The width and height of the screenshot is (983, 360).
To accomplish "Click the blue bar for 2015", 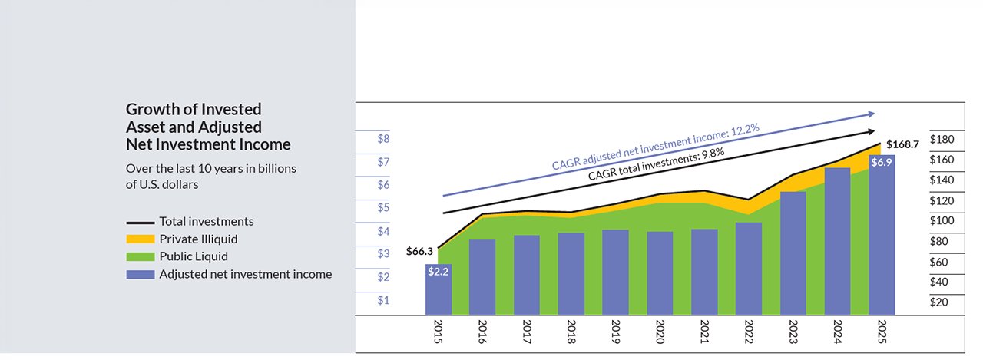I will [438, 289].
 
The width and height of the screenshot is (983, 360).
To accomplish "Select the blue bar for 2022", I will [748, 269].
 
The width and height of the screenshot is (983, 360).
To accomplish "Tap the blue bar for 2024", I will [836, 241].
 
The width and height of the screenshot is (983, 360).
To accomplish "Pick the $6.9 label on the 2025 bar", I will [881, 162].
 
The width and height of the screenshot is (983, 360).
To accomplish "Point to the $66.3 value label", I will [419, 251].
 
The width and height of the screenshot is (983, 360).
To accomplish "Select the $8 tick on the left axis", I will [384, 139].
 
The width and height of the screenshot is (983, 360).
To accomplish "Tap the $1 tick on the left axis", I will [384, 300].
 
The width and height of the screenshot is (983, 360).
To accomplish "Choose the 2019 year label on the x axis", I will [615, 332].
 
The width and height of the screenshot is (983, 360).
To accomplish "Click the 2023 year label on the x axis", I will [792, 332].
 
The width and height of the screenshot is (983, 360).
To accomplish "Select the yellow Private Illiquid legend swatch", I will [139, 239].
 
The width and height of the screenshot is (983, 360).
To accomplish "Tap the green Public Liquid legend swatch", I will [139, 256].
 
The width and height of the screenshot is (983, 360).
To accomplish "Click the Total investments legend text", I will [206, 221].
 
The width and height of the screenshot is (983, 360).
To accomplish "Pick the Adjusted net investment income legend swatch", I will [139, 274].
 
